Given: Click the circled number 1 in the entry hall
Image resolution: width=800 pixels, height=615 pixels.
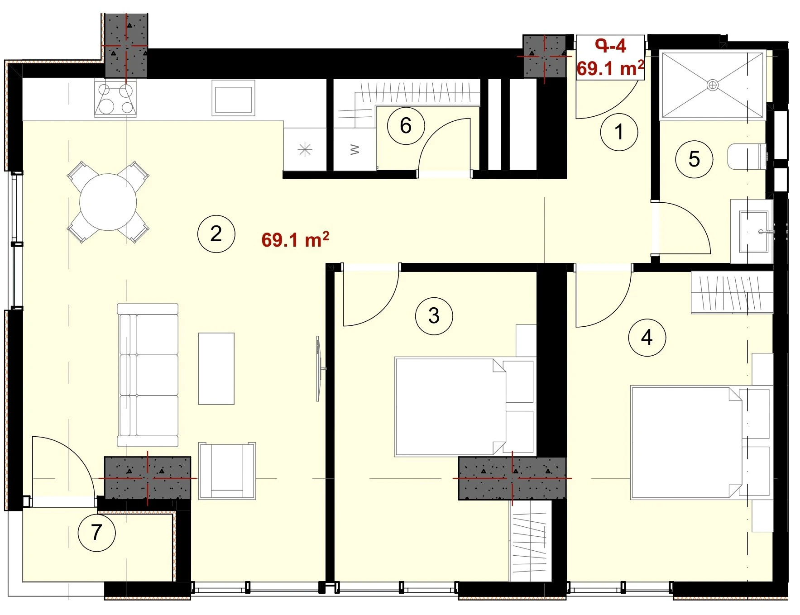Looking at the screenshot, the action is click(618, 132).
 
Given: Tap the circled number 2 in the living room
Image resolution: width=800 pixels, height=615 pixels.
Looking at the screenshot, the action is click(216, 234).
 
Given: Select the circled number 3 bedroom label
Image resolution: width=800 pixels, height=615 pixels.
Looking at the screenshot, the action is click(434, 315).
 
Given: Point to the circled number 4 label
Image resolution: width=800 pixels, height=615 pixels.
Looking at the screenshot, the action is click(647, 337).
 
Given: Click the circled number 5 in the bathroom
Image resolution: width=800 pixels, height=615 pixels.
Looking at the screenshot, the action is click(694, 159).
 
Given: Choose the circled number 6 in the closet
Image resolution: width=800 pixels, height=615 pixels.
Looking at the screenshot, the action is click(406, 125).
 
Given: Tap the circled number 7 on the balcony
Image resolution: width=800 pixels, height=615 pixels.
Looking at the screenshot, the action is click(96, 532).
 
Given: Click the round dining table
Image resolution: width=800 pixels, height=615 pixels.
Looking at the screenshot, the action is click(108, 202).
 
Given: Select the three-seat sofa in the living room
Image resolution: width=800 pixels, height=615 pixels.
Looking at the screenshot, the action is click(148, 375).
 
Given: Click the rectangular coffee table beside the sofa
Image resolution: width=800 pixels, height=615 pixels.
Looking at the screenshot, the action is click(216, 368).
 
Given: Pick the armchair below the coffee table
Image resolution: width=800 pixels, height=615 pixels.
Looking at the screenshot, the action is click(227, 471).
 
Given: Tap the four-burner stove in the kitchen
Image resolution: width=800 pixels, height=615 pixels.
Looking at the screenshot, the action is click(115, 98).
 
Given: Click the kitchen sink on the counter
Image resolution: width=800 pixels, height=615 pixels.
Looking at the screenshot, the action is click(233, 98).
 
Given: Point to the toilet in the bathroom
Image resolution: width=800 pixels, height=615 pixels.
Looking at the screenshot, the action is click(747, 157).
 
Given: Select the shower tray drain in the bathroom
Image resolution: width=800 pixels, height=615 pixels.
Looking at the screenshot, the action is click(713, 85).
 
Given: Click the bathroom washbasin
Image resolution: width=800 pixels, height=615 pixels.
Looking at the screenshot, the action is click(754, 231).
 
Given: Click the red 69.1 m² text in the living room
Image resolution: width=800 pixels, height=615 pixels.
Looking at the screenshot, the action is click(295, 239).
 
